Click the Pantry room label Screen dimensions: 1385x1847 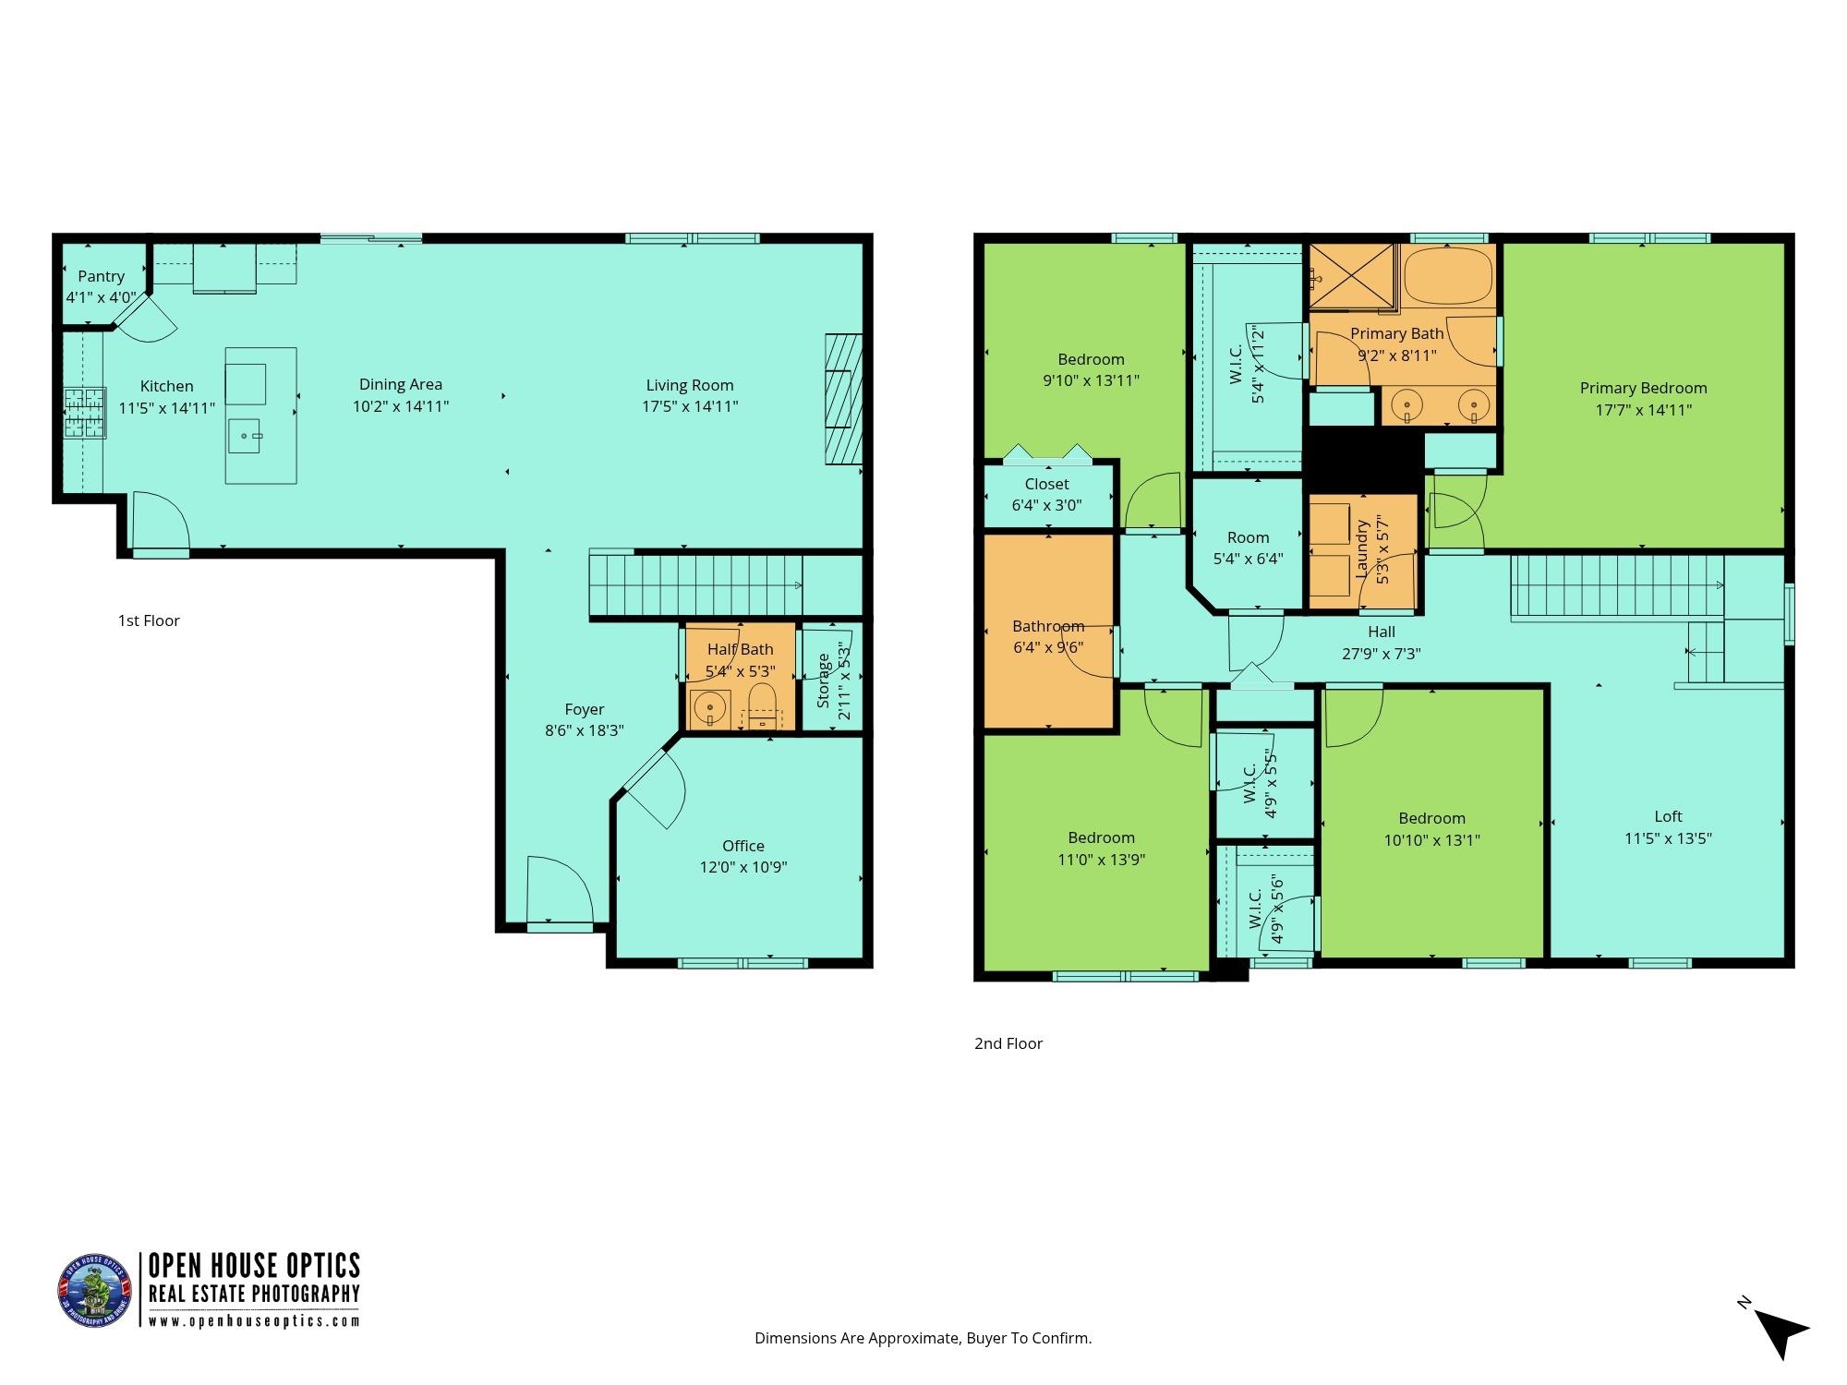pyautogui.click(x=101, y=276)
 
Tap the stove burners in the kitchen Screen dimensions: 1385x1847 pyautogui.click(x=84, y=412)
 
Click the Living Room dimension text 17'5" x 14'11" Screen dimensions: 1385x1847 pyautogui.click(x=690, y=406)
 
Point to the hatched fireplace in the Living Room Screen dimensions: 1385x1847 pyautogui.click(x=843, y=399)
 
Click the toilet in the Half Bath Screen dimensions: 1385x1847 pyautogui.click(x=762, y=706)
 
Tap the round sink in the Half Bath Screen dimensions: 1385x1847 pyautogui.click(x=710, y=708)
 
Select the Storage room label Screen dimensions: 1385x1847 pyautogui.click(x=823, y=680)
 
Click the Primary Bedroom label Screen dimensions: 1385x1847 pyautogui.click(x=1643, y=388)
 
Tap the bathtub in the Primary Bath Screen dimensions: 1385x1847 pyautogui.click(x=1448, y=275)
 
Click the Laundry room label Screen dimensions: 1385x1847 pyautogui.click(x=1361, y=548)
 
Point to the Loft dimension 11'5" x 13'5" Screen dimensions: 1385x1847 pyautogui.click(x=1668, y=838)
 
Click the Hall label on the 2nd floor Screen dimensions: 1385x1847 pyautogui.click(x=1381, y=632)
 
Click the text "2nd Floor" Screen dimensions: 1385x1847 pyautogui.click(x=1008, y=1043)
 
